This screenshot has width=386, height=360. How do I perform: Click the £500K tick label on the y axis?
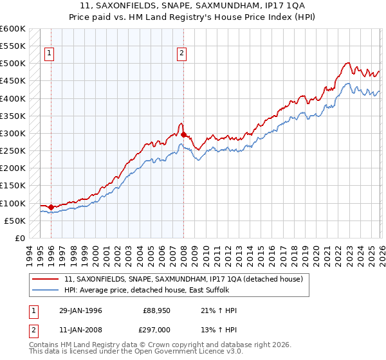click(x=13, y=64)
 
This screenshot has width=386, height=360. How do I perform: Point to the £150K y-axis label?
click(x=13, y=186)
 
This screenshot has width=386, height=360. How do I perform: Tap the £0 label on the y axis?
click(x=20, y=239)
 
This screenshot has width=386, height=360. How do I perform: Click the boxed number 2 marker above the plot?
click(x=183, y=53)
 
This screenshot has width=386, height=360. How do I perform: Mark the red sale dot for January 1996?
click(x=51, y=207)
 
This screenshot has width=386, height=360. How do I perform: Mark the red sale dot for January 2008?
click(x=183, y=134)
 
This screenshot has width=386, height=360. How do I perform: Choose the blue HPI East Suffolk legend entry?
click(x=154, y=290)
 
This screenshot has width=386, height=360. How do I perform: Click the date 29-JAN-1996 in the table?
click(x=80, y=310)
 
